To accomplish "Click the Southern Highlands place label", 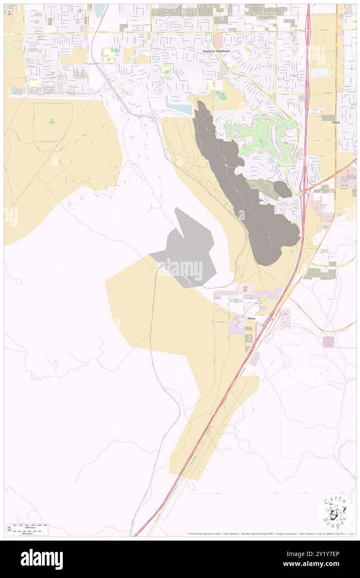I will click(x=216, y=51).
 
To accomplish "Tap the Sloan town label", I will click(x=252, y=318).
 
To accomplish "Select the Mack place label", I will click(x=336, y=122).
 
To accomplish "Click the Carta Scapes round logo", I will click(x=335, y=512).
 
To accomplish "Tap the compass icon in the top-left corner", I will click(x=9, y=12).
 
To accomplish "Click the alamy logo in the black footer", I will click(x=42, y=559).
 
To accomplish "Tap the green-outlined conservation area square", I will click(x=53, y=122).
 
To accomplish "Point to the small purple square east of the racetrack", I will click(x=328, y=342).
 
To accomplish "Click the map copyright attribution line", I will click(x=270, y=534).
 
